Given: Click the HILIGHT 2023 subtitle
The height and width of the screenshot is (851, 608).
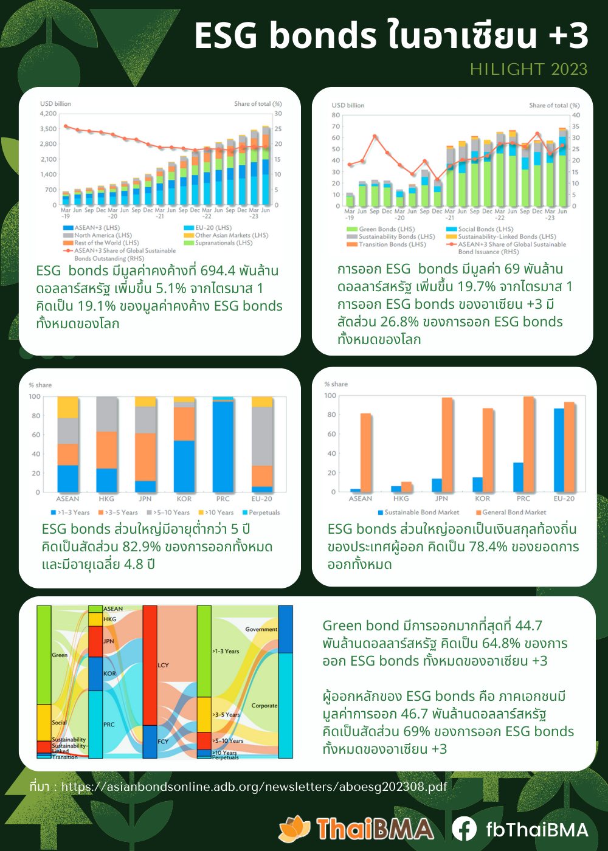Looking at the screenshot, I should click(528, 69).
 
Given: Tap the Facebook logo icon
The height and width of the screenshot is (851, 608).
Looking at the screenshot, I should click(464, 829).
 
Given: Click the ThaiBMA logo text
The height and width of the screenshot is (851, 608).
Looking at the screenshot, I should click(375, 829).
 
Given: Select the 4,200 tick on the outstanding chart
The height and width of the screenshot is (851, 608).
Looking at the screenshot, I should click(48, 114).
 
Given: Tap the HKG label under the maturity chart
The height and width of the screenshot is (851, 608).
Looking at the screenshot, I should click(106, 498).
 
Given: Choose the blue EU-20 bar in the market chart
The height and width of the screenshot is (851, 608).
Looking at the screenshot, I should click(559, 450).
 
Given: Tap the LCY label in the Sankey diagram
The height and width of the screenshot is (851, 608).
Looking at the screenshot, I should click(164, 665).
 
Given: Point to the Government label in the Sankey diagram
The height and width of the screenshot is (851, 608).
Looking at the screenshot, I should click(261, 629).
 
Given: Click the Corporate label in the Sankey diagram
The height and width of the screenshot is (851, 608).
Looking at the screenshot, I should click(264, 706).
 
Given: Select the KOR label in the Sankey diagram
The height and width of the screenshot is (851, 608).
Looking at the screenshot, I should click(109, 674).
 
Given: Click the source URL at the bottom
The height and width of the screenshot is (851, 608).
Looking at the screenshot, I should click(254, 787).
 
